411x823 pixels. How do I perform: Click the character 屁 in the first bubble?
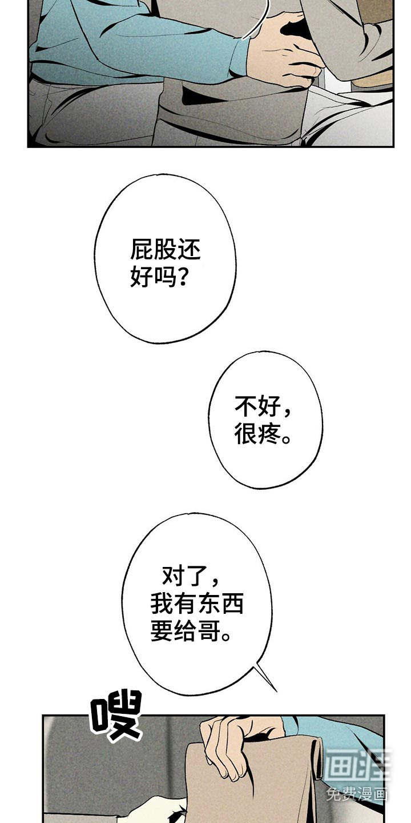142,250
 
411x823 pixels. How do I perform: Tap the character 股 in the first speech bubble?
165,250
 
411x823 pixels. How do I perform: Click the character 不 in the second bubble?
246,406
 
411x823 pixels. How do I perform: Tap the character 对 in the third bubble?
174,575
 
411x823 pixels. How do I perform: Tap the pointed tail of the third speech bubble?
276,691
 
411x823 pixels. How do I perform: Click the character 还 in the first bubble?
188,250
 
